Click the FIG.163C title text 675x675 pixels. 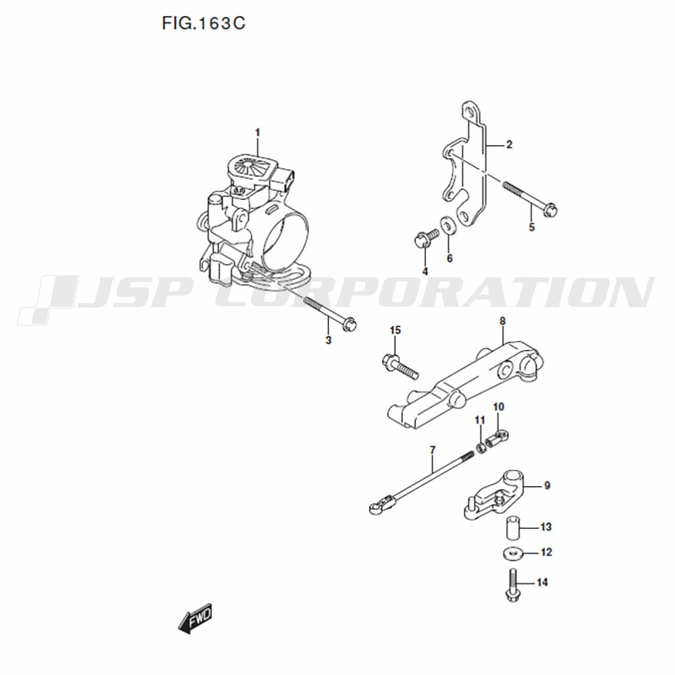pos(203,23)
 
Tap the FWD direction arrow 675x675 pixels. pos(196,618)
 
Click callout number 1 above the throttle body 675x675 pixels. pos(257,132)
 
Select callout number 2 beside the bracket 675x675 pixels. pos(509,144)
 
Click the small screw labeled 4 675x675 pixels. pos(426,238)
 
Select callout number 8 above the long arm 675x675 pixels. pos(502,321)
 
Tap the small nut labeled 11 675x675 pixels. pos(481,448)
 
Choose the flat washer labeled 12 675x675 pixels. pos(512,553)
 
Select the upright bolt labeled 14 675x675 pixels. pos(512,585)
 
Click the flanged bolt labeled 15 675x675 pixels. pos(400,366)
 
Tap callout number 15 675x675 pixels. pos(395,330)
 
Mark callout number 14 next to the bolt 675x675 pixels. pos(543,583)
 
